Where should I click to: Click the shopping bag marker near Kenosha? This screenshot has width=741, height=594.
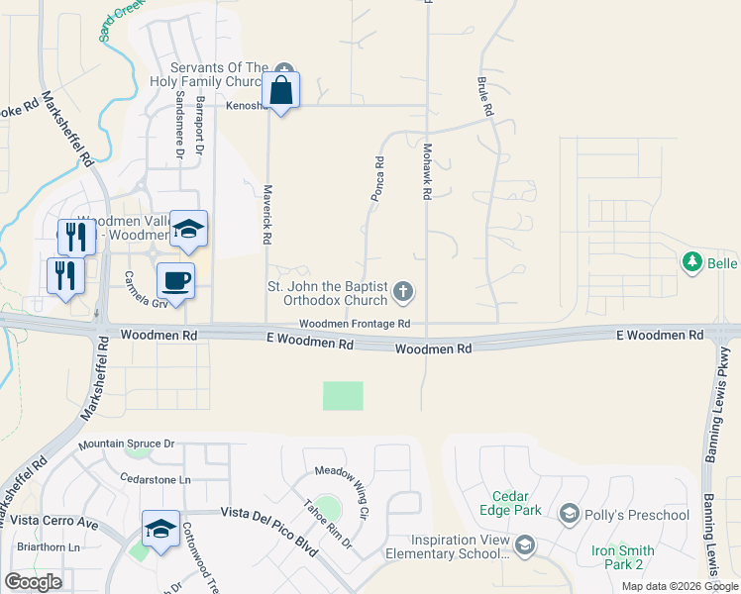coord(281,90)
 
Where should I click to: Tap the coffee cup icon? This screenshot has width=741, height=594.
coord(176,281)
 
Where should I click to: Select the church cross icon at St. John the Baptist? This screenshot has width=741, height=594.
coord(402,291)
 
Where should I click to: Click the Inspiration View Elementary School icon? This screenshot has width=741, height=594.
coord(524,544)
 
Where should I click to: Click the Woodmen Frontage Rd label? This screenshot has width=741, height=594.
coord(355,325)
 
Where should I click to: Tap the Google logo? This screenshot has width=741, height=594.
coord(34,582)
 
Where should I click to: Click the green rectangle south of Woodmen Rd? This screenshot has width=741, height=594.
coord(343,396)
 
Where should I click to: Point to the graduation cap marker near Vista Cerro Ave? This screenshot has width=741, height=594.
coord(159,529)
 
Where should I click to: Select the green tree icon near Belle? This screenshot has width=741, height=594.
coord(692,262)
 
